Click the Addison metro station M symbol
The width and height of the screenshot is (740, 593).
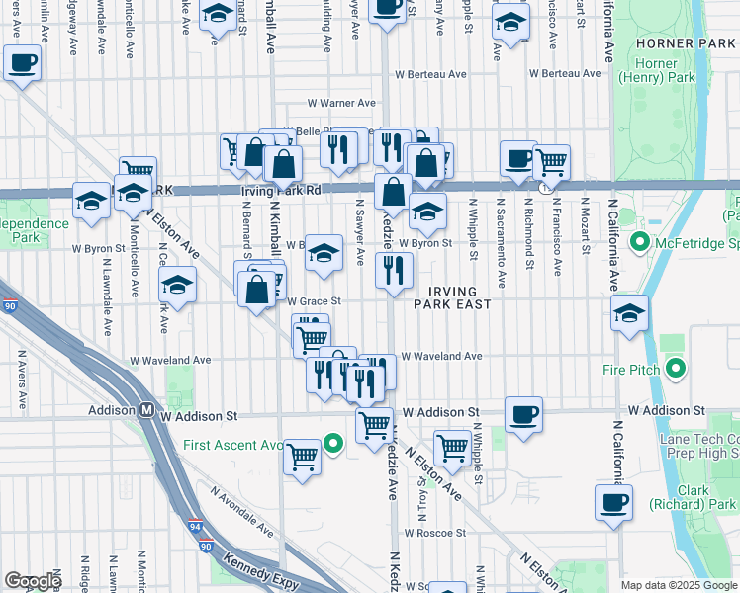145,410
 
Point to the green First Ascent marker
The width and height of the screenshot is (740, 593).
334,444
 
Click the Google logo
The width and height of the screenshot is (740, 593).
34,581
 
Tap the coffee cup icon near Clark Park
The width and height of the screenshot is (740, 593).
613,501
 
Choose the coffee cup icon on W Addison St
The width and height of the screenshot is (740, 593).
522,414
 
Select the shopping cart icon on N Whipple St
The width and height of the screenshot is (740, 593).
452,447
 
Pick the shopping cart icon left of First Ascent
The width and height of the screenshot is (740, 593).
302,456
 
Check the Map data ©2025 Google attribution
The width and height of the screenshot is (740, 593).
677,584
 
